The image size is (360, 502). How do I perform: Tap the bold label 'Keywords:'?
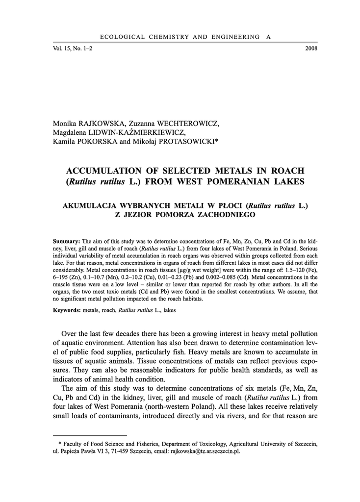click(67, 310)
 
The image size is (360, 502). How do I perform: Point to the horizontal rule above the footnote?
click(89, 434)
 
